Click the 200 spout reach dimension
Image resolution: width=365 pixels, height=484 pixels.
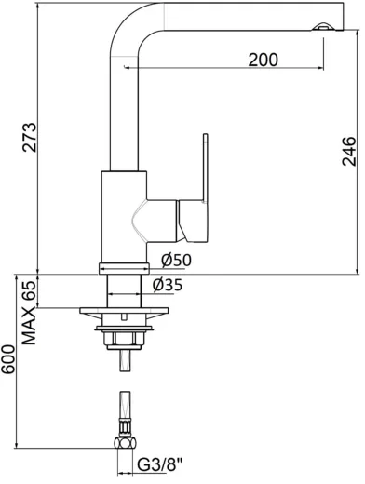(264, 60)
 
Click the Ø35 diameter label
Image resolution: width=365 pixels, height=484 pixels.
(166, 285)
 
